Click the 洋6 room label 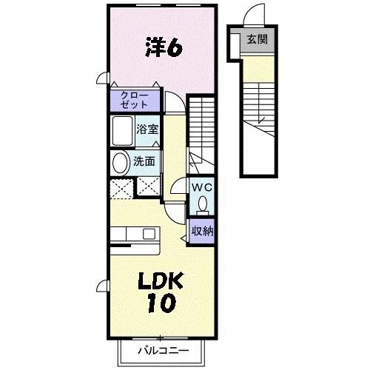pos(164,47)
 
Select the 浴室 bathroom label pos(147,129)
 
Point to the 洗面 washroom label pos(144,161)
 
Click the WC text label pos(201,188)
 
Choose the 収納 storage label pos(202,231)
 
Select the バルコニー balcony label pos(163,350)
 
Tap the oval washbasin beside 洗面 pos(120,163)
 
